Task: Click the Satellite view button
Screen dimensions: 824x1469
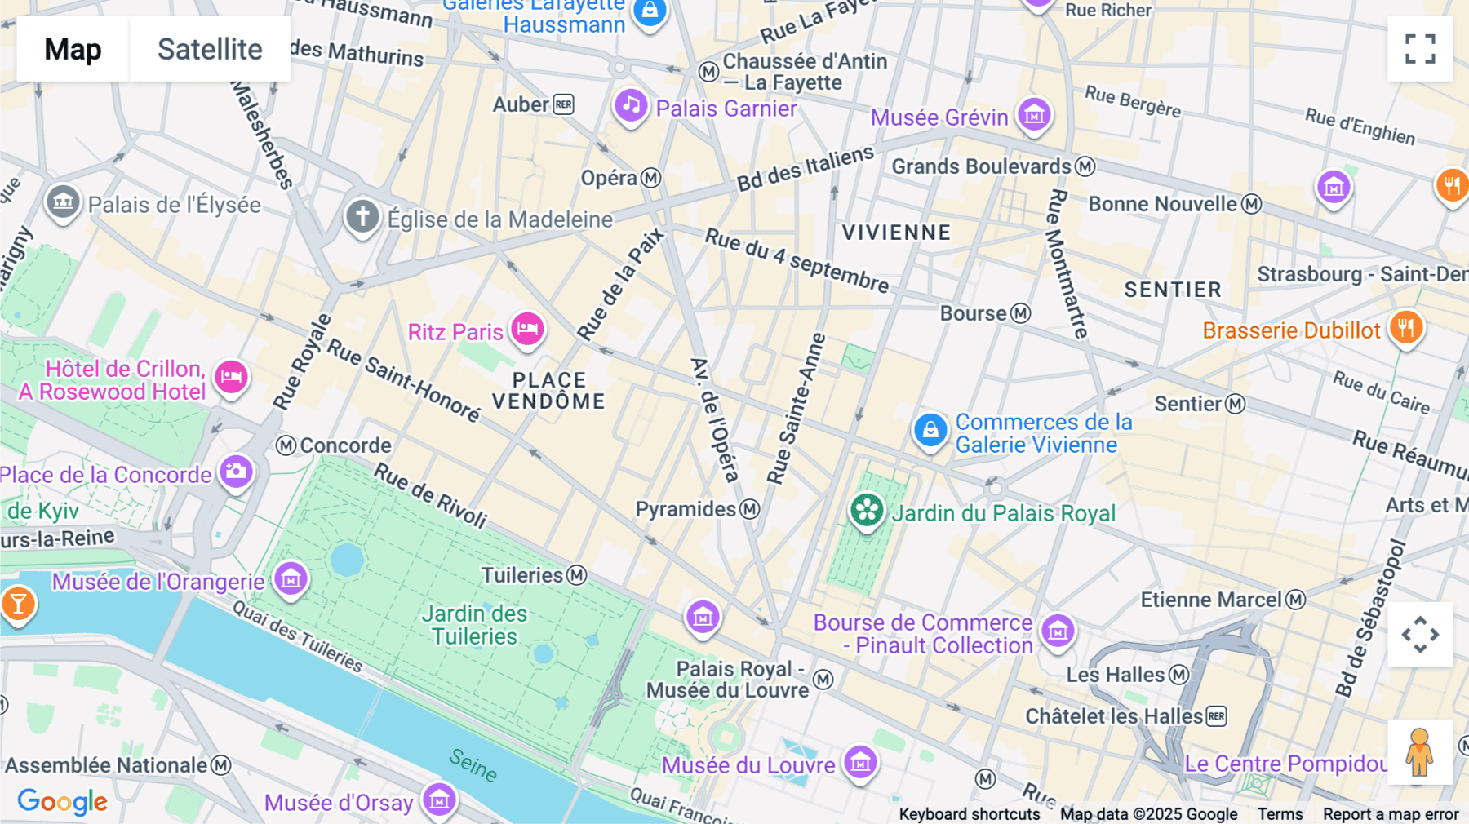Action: [x=210, y=49]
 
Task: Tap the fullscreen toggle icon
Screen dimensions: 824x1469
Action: [x=1420, y=49]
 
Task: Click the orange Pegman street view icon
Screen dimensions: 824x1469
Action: [x=1419, y=751]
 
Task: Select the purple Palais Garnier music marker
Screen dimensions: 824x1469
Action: [x=631, y=106]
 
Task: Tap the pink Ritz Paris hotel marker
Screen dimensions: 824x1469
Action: [x=528, y=330]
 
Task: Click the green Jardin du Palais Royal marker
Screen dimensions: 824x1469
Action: [x=867, y=512]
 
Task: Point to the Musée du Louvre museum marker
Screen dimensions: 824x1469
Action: [x=860, y=763]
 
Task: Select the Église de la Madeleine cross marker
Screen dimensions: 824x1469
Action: [x=362, y=217]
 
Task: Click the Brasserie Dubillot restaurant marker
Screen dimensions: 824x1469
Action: [x=1406, y=328]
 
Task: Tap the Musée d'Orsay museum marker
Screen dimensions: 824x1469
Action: [x=439, y=800]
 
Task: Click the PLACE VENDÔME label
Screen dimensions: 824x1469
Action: [x=548, y=391]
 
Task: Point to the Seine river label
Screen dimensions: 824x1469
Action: [x=473, y=764]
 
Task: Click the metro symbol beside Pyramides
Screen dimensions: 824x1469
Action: [x=750, y=509]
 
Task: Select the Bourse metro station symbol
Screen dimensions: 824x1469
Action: [x=1021, y=313]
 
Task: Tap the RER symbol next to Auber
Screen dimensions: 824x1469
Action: [x=564, y=104]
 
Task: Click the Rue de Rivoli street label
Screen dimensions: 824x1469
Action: [x=430, y=494]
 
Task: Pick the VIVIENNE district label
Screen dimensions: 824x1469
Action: [x=896, y=233]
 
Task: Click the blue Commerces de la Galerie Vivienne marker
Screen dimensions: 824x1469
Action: [x=930, y=430]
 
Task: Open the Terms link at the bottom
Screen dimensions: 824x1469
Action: [x=1279, y=813]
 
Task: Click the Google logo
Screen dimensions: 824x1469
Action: [x=62, y=801]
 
